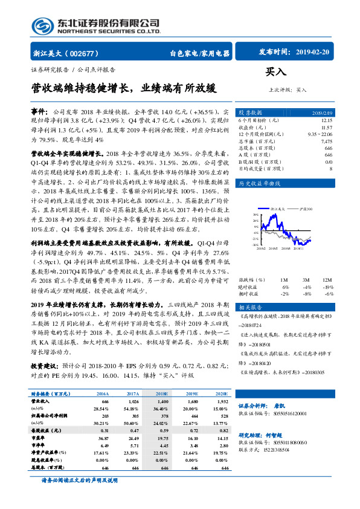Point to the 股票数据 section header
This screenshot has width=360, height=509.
pyautogui.click(x=250, y=113)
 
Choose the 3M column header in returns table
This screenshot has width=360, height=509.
pyautogui.click(x=307, y=280)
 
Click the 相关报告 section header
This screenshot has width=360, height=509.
pyautogui.click(x=250, y=308)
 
